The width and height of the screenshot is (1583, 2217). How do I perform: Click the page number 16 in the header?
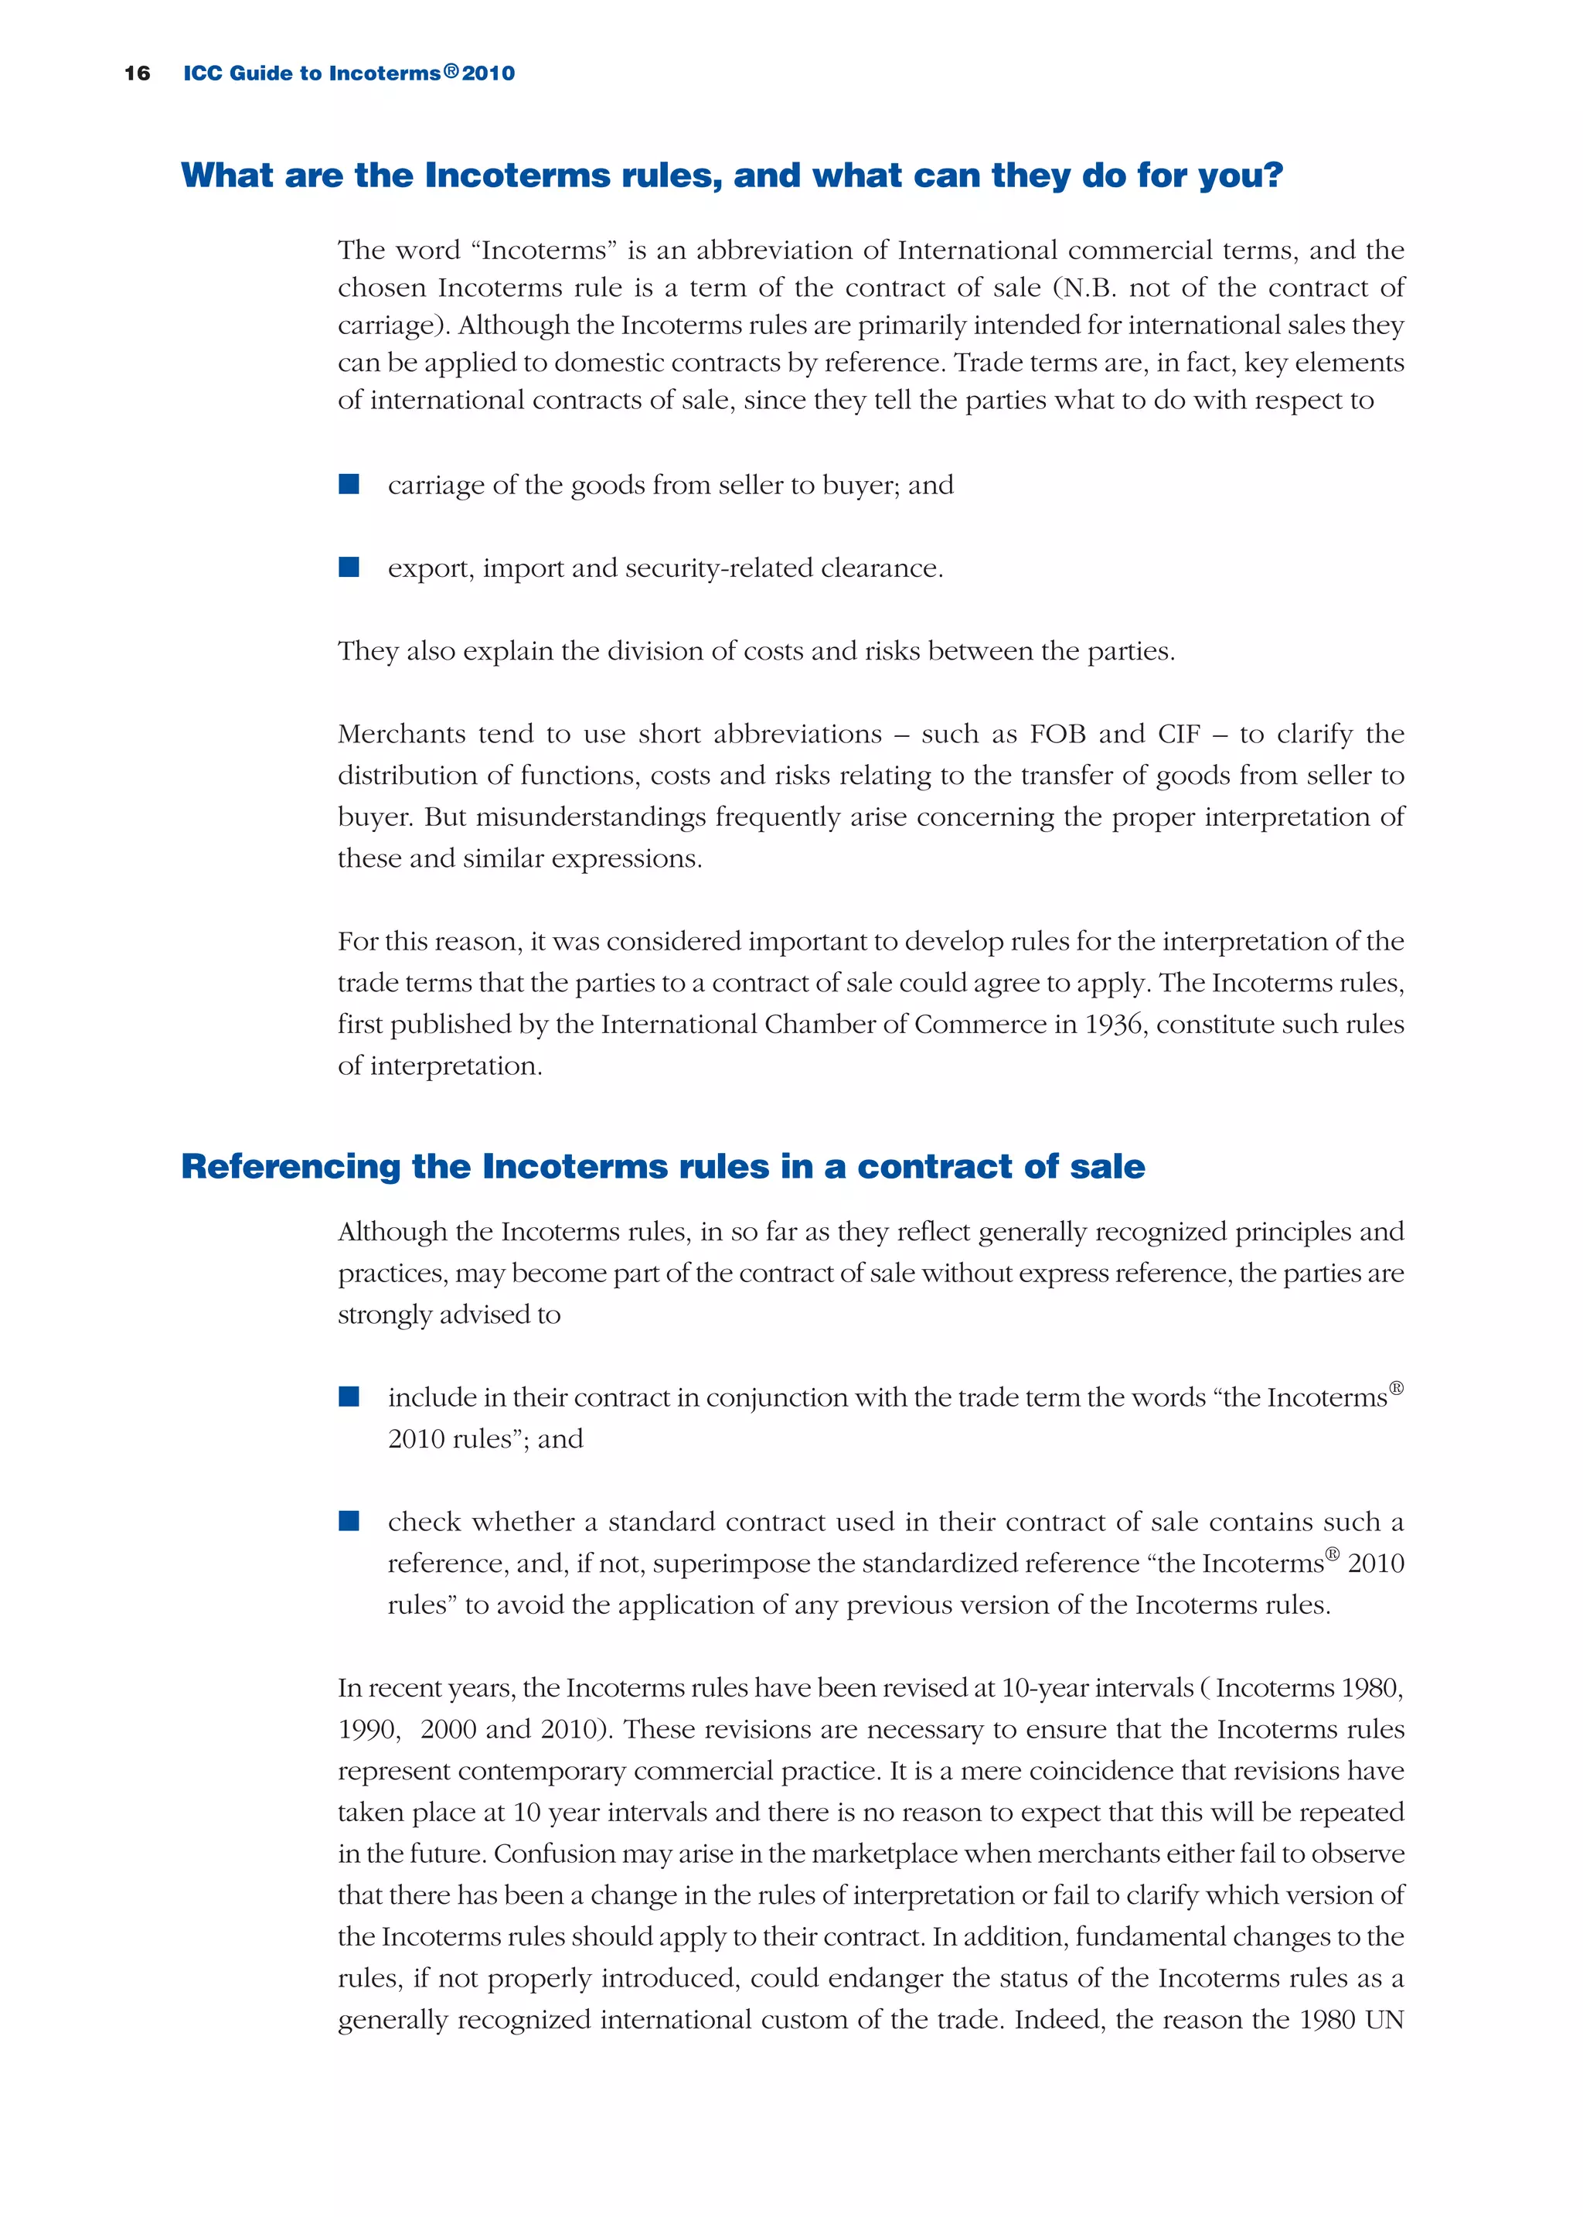point(138,73)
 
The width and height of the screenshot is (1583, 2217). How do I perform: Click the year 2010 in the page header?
point(489,73)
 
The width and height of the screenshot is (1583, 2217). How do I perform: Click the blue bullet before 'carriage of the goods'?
point(349,485)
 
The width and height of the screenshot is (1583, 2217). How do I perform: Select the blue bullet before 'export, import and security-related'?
point(349,568)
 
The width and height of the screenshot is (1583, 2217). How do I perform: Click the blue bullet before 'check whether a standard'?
point(349,1521)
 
